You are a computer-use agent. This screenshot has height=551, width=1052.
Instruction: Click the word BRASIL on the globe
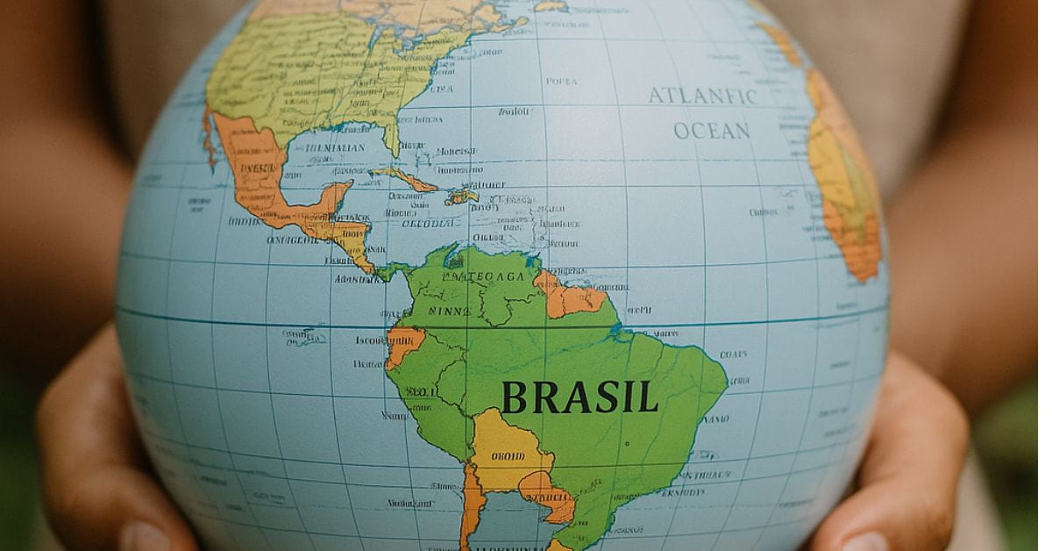coord(579,397)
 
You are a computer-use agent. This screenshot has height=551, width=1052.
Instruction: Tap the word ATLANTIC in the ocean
coord(702,96)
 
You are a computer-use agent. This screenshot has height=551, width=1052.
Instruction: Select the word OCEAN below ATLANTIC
coord(712,131)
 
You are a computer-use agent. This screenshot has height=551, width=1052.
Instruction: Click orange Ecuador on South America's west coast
coord(404,342)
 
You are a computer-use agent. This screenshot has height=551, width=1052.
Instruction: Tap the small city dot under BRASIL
coord(626,444)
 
